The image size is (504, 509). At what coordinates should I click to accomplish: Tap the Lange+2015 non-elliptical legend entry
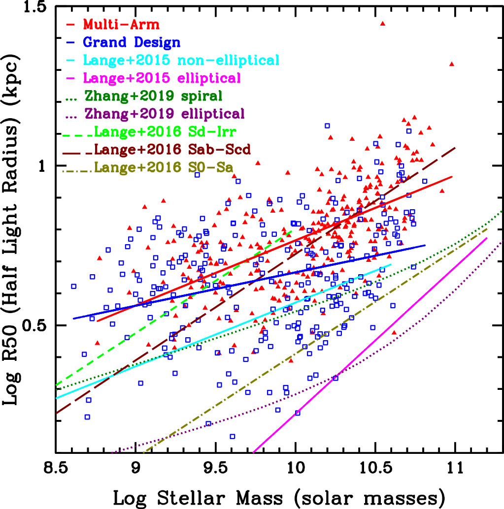[x=181, y=60]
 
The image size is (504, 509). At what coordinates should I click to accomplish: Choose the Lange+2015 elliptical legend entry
[x=162, y=78]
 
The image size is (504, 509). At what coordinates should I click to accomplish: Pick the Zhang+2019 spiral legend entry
[x=161, y=95]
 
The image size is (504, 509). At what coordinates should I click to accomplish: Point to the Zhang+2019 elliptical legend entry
[x=165, y=114]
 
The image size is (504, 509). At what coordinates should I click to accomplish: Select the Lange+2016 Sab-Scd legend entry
[x=173, y=149]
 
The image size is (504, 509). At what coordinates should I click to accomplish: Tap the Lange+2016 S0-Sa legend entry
[x=164, y=167]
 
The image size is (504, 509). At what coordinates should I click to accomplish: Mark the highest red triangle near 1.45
[x=382, y=23]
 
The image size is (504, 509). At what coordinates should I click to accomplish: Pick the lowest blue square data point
[x=232, y=436]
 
